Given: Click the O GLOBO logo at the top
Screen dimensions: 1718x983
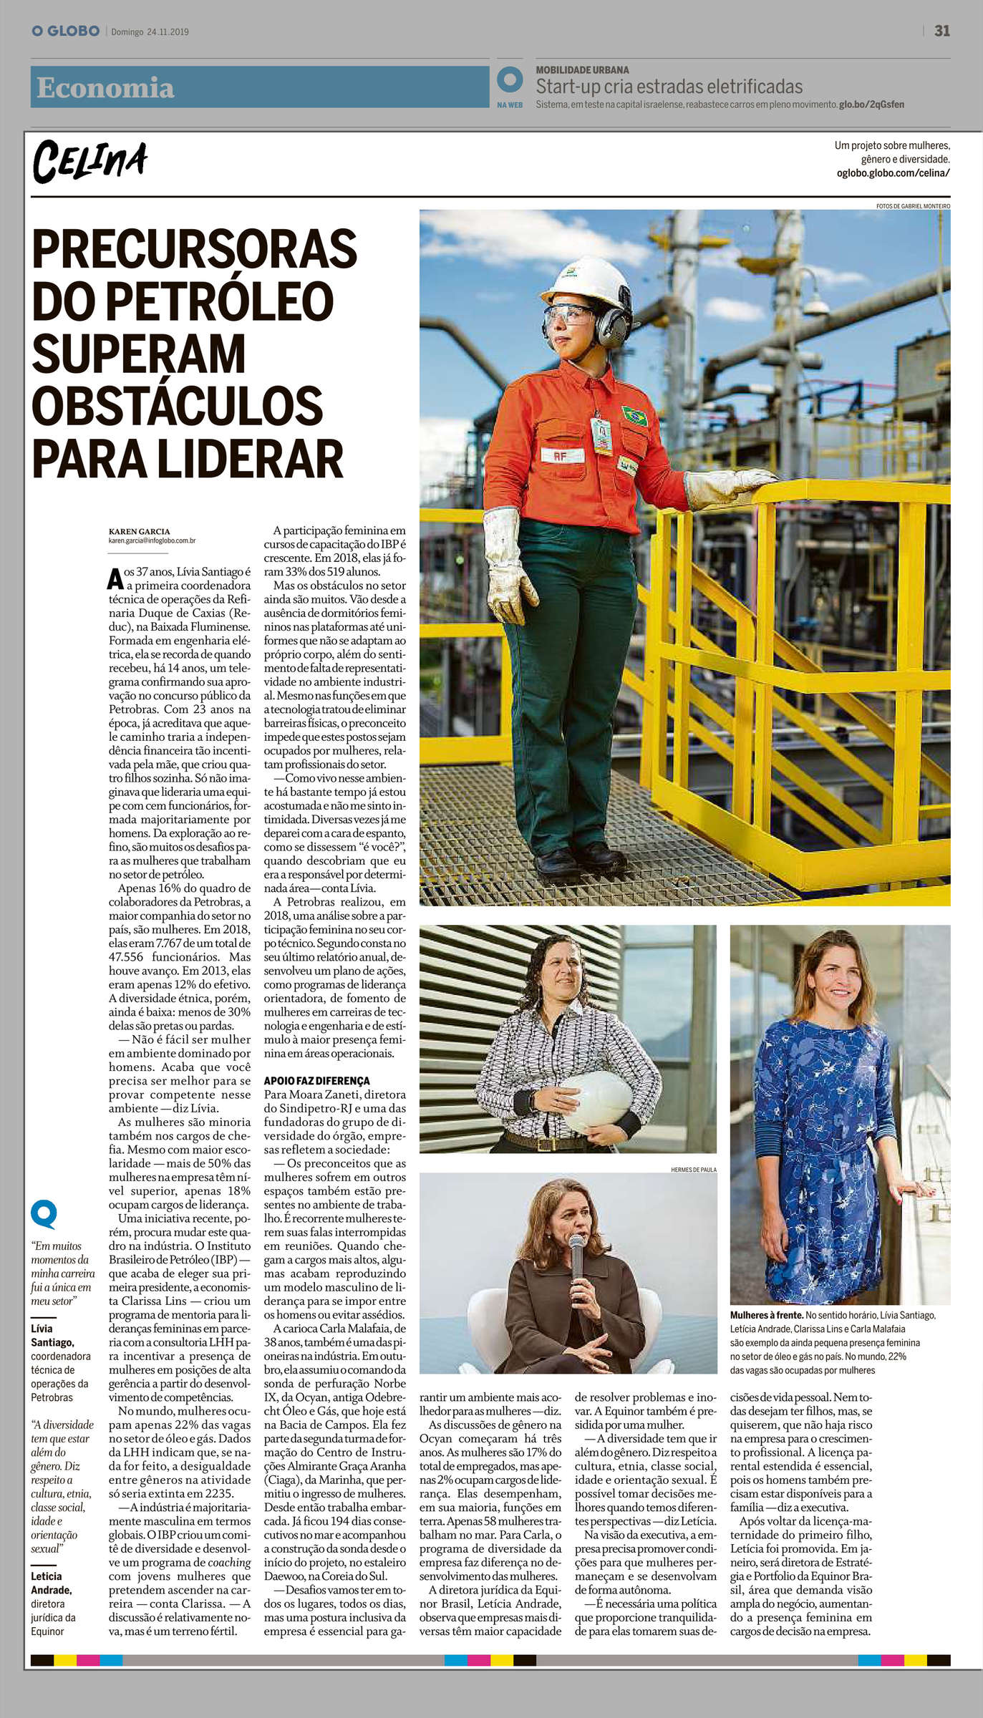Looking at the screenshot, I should coord(65,31).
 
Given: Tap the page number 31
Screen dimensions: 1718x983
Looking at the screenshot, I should coord(942,31).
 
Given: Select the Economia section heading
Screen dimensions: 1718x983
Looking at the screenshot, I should coord(105,88).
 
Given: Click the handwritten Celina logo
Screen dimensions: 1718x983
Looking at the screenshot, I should coord(89,162).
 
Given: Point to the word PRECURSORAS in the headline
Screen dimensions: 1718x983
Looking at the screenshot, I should coord(194,248).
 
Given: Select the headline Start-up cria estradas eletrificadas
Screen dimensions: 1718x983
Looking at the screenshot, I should coord(669,87).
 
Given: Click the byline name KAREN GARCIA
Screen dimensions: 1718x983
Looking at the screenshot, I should coord(140,531).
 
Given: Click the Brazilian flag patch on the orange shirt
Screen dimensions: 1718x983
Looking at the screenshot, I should coord(634,415).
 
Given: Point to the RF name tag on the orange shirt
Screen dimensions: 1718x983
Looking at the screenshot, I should coord(560,455).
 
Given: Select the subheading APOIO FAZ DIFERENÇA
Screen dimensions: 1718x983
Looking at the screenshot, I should coord(316,1080).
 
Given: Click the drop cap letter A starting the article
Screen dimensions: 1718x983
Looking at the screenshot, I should coord(115,578).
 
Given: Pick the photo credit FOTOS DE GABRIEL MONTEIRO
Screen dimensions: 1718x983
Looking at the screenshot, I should coord(913,206).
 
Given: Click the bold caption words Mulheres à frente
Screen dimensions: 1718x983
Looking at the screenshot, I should coord(766,1315).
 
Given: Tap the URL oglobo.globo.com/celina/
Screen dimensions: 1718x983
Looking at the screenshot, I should coord(893,173).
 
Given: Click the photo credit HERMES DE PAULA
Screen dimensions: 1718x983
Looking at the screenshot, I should coord(693,1170).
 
